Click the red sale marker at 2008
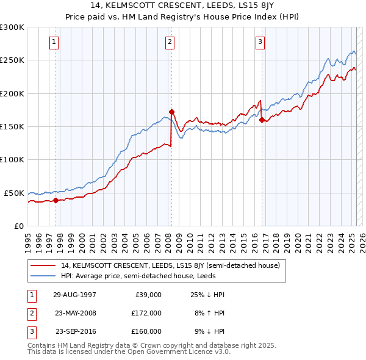pos(172,112)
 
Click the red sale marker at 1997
pos(56,200)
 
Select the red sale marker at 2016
pos(262,120)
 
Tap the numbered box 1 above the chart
pos(55,42)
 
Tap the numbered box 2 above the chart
pos(170,42)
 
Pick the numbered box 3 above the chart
pos(260,42)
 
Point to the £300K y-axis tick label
pos(12,27)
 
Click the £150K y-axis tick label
pos(12,126)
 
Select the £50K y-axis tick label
pos(15,193)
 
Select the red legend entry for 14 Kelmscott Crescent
pos(170,265)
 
